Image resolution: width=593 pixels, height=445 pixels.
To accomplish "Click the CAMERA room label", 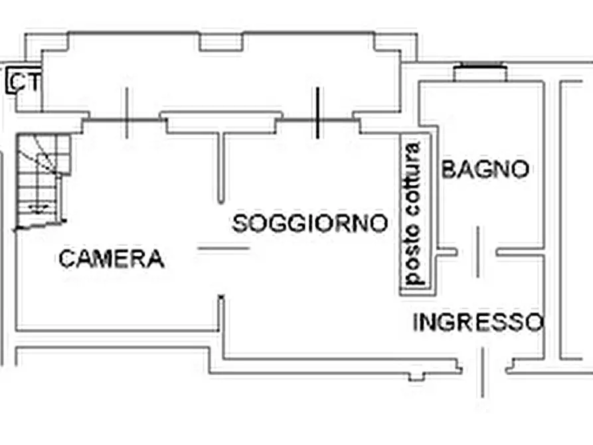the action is pos(112,259).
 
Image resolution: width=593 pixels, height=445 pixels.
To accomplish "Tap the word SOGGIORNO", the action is pos(309,223).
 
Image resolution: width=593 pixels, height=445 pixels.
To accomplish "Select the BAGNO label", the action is pos(485,169).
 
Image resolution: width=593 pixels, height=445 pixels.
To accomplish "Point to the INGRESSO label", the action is pos(478,322).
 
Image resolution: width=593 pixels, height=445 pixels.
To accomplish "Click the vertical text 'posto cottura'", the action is pos(412,213).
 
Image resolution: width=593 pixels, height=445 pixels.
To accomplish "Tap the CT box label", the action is pos(23,81).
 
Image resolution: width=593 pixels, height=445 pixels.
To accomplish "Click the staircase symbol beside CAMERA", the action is pos(42,181).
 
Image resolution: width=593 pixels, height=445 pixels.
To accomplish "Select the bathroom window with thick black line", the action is pos(480,66).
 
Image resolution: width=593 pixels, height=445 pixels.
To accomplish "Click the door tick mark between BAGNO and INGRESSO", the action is pos(478,252).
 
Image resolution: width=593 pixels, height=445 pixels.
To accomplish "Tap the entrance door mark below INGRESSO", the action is pos(482,373).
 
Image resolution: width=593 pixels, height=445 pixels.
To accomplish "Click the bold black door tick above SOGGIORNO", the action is pos(317,113).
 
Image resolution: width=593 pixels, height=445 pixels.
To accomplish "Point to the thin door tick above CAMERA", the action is pos(127,113).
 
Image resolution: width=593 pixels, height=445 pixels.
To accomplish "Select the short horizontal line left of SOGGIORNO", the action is pos(224,248).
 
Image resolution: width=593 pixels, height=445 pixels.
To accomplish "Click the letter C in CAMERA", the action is pos(66,259).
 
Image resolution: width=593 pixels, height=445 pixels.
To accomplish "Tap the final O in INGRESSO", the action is pos(536,323).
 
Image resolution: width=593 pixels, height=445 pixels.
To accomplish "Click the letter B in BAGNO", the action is pos(448,169).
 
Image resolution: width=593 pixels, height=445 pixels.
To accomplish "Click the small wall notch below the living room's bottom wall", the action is pos(416,377).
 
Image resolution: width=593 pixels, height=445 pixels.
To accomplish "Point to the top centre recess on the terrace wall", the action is pos(221,42).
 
